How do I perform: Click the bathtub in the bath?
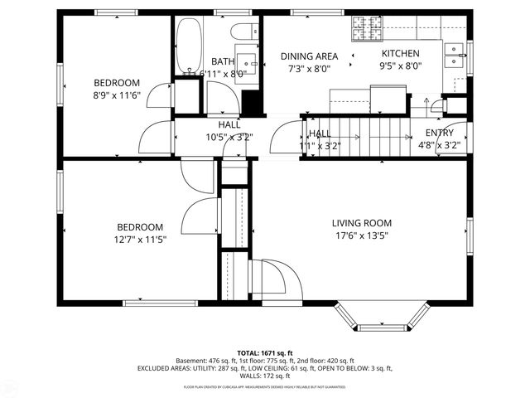188,46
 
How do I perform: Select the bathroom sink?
247,62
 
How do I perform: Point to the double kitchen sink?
454,55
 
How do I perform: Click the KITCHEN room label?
400,53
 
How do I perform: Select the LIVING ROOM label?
361,223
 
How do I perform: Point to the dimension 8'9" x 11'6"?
116,95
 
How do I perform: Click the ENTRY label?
439,133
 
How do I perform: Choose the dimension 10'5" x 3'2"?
229,138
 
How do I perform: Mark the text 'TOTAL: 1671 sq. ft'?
264,352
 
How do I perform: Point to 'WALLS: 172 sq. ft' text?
264,376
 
